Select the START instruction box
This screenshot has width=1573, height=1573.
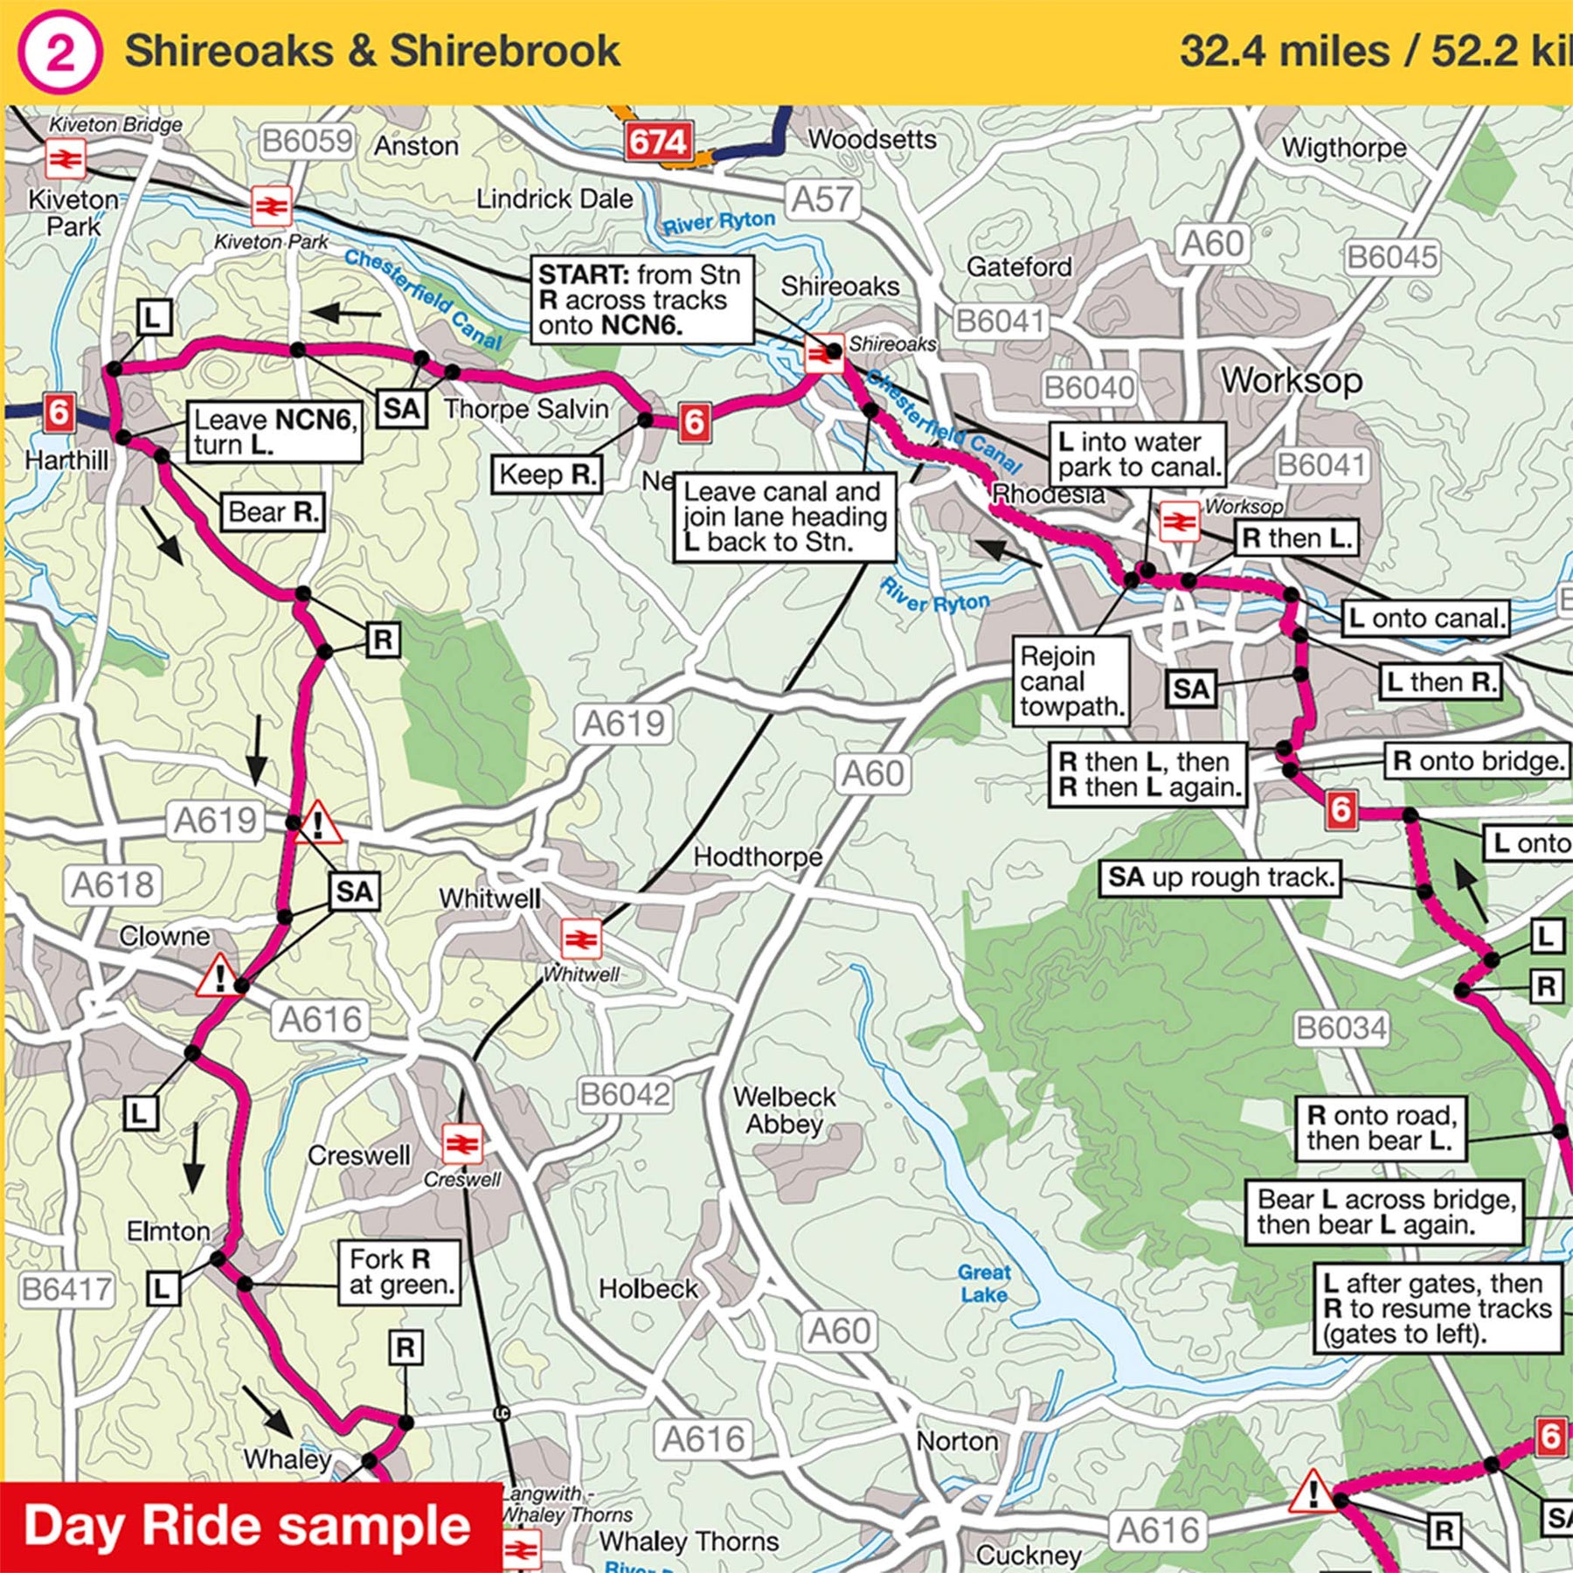click(x=641, y=300)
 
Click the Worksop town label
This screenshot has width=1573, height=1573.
click(x=1291, y=381)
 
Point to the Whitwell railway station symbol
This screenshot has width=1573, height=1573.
click(x=581, y=939)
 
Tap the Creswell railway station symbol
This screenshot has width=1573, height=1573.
click(x=461, y=1143)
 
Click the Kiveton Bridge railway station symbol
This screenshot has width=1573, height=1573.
click(x=66, y=160)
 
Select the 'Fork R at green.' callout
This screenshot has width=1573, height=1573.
click(x=399, y=1272)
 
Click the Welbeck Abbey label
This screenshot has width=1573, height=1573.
click(x=784, y=1110)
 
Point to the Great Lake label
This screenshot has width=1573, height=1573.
click(x=984, y=1283)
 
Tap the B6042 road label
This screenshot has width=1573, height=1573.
click(x=625, y=1094)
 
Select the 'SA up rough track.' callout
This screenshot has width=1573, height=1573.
click(x=1219, y=877)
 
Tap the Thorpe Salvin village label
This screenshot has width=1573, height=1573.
click(x=526, y=409)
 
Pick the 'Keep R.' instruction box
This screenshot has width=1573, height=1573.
click(x=546, y=475)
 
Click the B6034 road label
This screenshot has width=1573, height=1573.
click(x=1341, y=1028)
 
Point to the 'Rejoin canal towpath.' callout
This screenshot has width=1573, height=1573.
click(x=1071, y=681)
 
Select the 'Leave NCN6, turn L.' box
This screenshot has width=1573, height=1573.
click(x=274, y=432)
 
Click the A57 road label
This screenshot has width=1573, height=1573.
click(x=821, y=200)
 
